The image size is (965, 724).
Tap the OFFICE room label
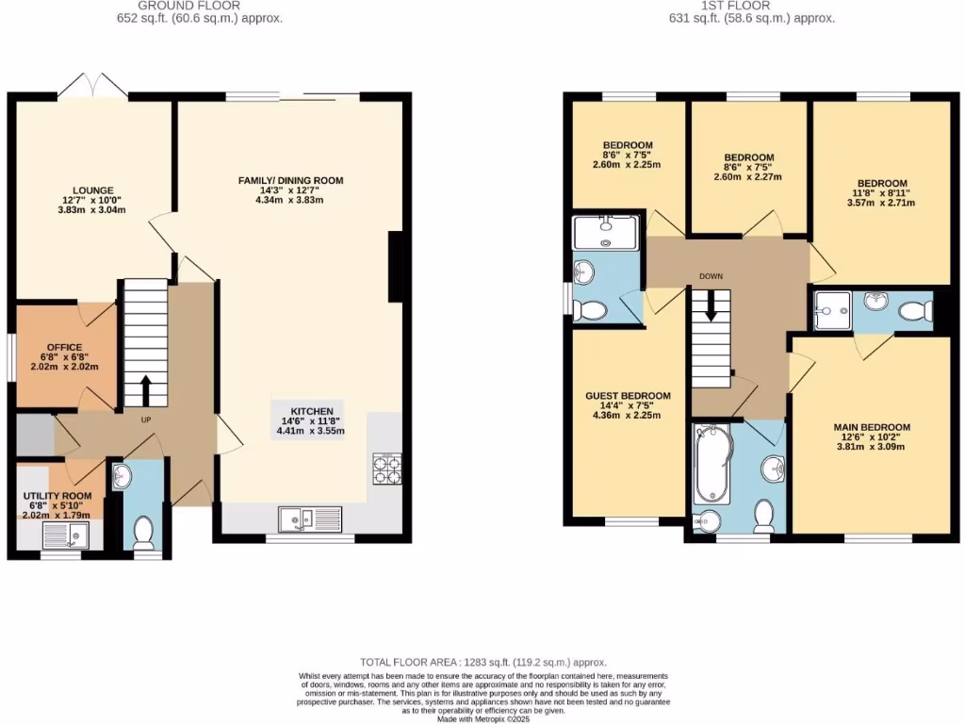tap(65, 347)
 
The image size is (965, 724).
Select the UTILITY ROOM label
tap(57, 496)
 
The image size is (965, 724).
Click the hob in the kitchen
tap(386, 469)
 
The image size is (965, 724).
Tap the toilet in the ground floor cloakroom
tap(143, 534)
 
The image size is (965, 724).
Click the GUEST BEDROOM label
tap(628, 396)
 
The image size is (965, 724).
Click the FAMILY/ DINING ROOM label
tap(289, 180)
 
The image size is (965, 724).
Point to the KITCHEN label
tap(310, 412)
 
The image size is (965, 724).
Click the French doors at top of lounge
tap(91, 87)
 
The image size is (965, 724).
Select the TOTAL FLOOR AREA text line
tap(482, 663)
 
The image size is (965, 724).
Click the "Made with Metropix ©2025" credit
tap(482, 718)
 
